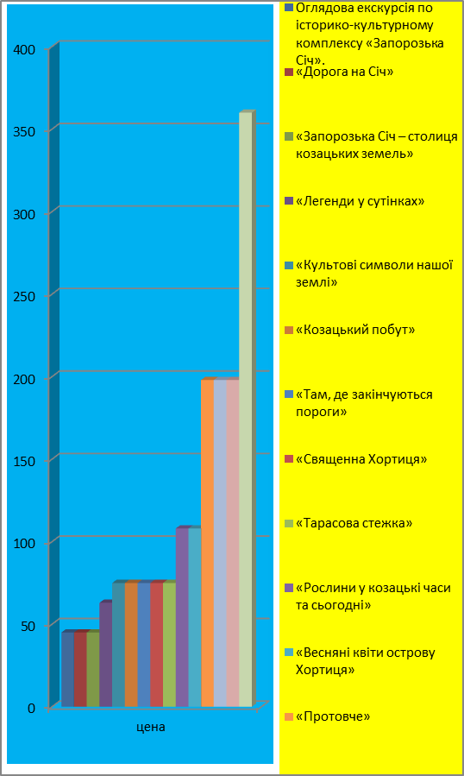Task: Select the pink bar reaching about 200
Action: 233,542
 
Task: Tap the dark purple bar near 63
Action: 106,653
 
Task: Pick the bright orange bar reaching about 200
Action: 207,542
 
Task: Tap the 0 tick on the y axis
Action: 31,708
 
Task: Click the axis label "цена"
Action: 151,727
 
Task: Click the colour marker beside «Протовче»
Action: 289,716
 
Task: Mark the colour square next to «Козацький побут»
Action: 289,330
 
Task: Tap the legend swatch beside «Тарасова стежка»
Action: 289,524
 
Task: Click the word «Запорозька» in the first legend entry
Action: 409,43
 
